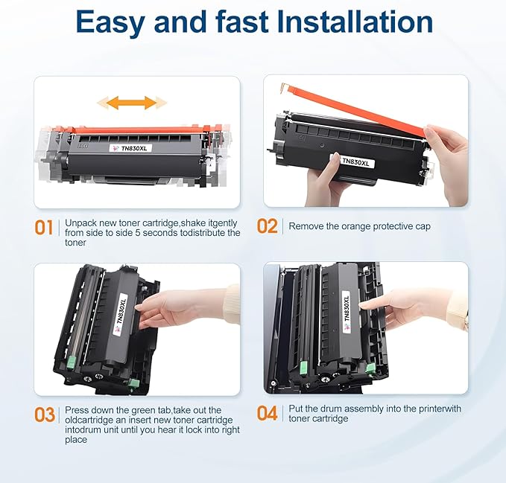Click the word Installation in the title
[355, 22]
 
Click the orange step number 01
[45, 226]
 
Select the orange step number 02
[268, 226]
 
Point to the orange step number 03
[45, 413]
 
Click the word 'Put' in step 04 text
[296, 408]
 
